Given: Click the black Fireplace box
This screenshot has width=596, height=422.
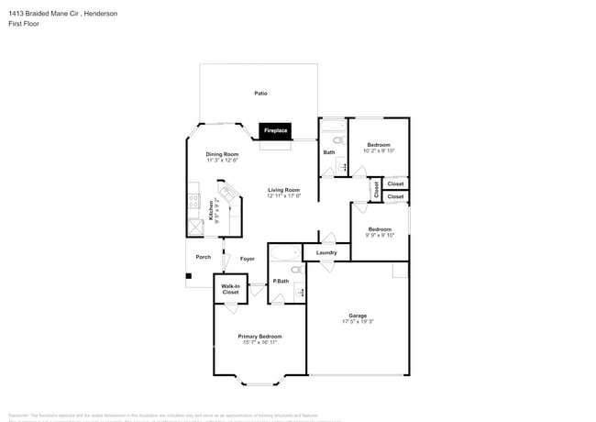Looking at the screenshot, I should (275, 131).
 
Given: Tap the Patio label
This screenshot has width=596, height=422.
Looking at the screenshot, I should (260, 94).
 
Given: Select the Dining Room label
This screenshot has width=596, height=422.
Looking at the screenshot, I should (222, 153).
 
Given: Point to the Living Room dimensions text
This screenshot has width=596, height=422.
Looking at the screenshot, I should (284, 195).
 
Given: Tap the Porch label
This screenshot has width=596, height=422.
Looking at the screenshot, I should (203, 257).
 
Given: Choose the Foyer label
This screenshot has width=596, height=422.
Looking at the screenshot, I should (247, 259).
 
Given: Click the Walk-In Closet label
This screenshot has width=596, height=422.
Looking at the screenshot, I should (230, 289).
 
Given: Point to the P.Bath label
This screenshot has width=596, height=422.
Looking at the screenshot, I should (281, 281).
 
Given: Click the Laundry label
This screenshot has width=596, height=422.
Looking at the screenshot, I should (326, 252).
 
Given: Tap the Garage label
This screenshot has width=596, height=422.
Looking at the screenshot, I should (358, 315).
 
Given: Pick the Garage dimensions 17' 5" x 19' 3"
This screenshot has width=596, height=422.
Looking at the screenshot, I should (358, 321).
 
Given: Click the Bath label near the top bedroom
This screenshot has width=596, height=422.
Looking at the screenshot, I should (328, 152).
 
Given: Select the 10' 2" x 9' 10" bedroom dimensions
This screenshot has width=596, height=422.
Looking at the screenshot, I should (380, 151).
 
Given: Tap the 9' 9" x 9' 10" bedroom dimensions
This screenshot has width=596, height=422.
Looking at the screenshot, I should (380, 235).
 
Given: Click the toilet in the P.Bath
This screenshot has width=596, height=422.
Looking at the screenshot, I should (296, 270).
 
